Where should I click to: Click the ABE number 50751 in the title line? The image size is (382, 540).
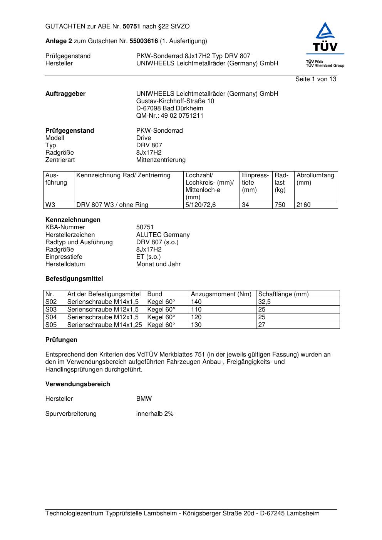(x=132, y=27)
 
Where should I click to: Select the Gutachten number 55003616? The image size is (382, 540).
(x=144, y=41)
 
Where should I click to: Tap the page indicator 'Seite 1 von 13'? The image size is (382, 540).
(x=315, y=79)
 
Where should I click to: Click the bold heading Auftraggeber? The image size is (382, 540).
(x=65, y=93)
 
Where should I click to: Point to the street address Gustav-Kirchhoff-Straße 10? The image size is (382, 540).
(x=175, y=101)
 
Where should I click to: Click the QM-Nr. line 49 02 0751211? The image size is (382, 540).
(x=170, y=115)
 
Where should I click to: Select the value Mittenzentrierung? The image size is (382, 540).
(x=161, y=160)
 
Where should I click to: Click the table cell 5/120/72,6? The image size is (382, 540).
(x=201, y=205)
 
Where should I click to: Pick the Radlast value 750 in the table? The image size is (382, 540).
(x=280, y=205)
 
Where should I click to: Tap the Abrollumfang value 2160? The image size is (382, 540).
(x=303, y=205)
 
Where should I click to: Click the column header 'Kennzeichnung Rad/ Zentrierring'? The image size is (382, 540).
(x=123, y=175)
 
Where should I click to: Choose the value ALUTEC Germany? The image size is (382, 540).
(x=163, y=235)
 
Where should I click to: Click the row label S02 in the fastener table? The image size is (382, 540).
(x=51, y=302)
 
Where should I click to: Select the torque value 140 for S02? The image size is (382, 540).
(x=196, y=302)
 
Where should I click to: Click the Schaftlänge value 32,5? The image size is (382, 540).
(x=264, y=302)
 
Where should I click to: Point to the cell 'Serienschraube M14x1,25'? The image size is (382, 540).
(x=104, y=325)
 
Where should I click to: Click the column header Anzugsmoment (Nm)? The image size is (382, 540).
(x=221, y=294)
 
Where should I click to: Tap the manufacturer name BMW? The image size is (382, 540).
(x=144, y=398)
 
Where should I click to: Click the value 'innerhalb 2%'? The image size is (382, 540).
(x=155, y=413)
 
